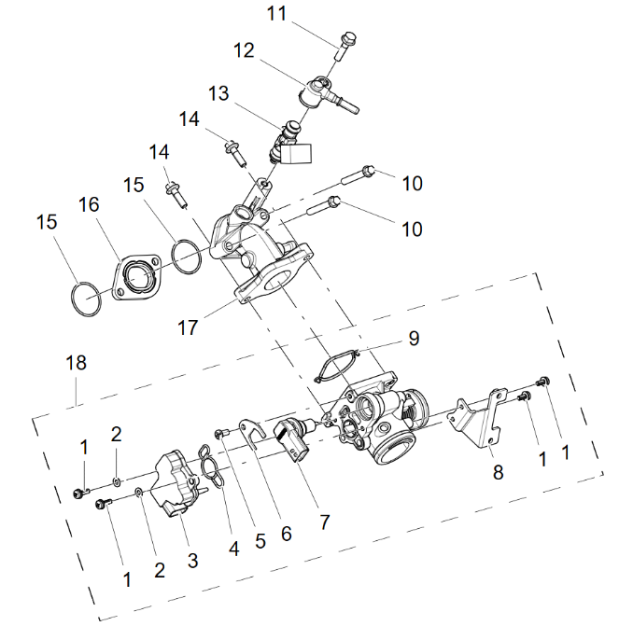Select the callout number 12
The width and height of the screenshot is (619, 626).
coord(244,51)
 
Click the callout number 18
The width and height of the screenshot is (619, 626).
coord(76,363)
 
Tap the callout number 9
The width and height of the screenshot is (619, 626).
coord(414,338)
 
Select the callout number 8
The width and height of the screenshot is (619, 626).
coord(498,472)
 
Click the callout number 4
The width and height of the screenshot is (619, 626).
coord(233,549)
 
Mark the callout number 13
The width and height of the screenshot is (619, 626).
coord(218,93)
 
